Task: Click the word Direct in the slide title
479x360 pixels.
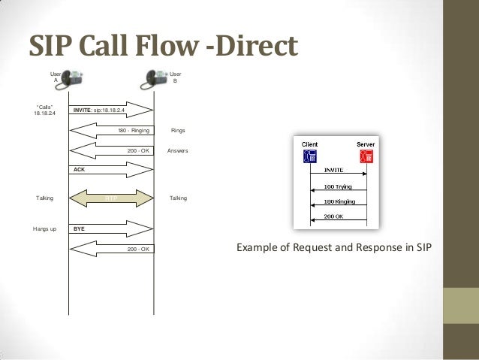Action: [253, 46]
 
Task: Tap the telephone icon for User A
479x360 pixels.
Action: [73, 77]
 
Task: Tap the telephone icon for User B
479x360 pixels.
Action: [157, 77]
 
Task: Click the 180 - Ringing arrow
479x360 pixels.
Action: [113, 130]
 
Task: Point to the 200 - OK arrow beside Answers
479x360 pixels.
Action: [113, 150]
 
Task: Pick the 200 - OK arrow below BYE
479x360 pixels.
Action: [113, 248]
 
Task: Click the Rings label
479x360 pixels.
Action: [178, 131]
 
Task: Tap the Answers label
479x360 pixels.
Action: [178, 151]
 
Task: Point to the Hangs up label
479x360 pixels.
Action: [45, 228]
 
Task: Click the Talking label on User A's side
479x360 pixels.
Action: [45, 198]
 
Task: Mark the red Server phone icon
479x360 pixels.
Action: [366, 156]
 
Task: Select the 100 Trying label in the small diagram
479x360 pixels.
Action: [339, 185]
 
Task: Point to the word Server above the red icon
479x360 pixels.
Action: [366, 144]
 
